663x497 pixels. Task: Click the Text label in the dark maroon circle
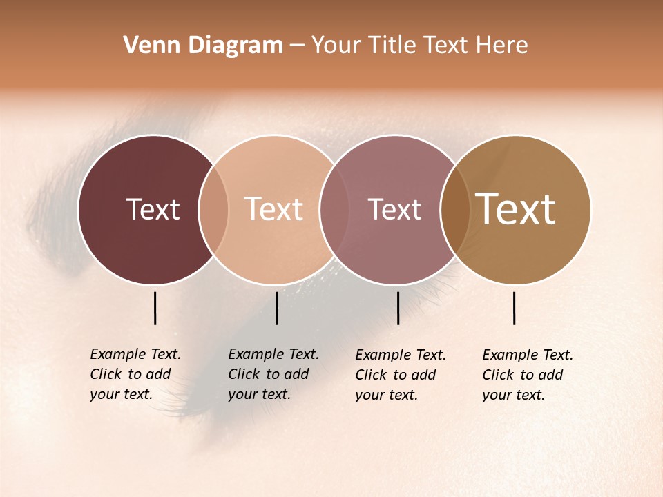(x=153, y=209)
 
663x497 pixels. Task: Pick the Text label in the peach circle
(x=273, y=209)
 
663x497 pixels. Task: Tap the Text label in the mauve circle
(x=394, y=209)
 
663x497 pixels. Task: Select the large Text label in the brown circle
(x=515, y=209)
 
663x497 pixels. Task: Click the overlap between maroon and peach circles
(x=213, y=209)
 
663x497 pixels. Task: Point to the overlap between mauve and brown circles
(x=454, y=209)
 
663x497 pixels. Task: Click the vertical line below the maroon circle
(x=155, y=308)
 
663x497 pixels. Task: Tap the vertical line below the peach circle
(x=276, y=308)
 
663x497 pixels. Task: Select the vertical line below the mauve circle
(x=398, y=308)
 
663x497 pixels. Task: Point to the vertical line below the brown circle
(x=514, y=308)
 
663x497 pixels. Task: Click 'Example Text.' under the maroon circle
(x=135, y=354)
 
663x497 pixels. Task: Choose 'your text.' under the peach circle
(x=259, y=394)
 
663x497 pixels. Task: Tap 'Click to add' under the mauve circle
(x=396, y=375)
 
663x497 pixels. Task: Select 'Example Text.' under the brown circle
(x=528, y=355)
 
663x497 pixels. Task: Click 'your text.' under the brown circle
(x=513, y=395)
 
